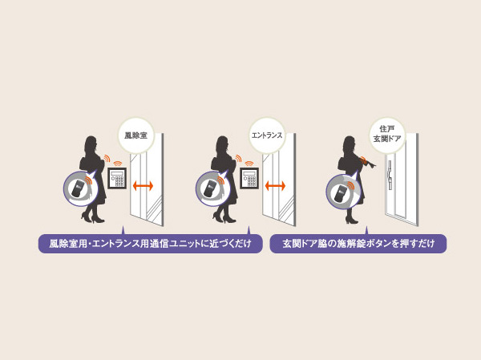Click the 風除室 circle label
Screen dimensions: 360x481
[135, 136]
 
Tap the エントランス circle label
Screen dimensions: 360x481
[267, 136]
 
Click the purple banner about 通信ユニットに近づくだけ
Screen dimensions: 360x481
[150, 244]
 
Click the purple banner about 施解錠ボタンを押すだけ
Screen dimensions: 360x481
[358, 244]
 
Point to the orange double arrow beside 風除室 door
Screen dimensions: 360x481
[143, 186]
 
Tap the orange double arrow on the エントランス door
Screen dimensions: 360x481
[275, 186]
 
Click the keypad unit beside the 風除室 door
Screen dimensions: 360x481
[117, 178]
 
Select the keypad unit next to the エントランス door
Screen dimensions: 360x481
[249, 178]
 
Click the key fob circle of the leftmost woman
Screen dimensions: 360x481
[79, 189]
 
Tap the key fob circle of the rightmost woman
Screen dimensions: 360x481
[342, 192]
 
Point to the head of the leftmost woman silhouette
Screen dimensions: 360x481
[91, 144]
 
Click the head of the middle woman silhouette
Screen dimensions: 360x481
[223, 144]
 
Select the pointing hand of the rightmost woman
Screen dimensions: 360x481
[370, 164]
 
